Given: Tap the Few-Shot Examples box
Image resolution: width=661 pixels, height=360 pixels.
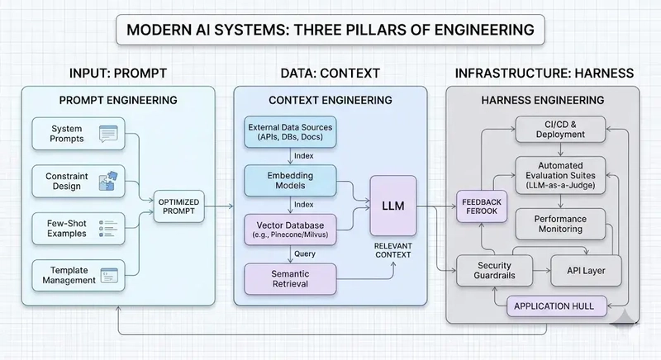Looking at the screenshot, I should (x=77, y=225).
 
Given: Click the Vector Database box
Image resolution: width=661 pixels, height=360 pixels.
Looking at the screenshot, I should (x=291, y=229).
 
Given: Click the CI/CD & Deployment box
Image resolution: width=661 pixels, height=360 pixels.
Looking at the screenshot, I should (x=562, y=129).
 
